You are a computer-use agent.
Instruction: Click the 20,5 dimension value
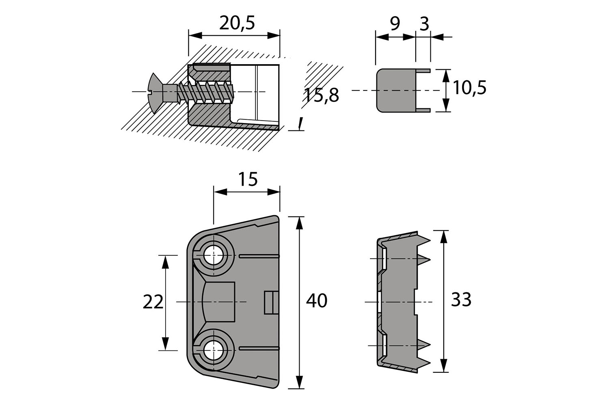click(237, 24)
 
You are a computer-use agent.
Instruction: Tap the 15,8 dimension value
click(321, 95)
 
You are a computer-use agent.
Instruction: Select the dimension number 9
click(395, 24)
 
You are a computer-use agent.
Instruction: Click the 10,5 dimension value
click(469, 88)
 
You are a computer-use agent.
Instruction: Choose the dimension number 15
click(248, 179)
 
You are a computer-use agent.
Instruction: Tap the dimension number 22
click(153, 302)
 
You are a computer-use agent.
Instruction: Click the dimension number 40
click(317, 301)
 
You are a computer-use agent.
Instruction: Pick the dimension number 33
click(461, 300)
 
